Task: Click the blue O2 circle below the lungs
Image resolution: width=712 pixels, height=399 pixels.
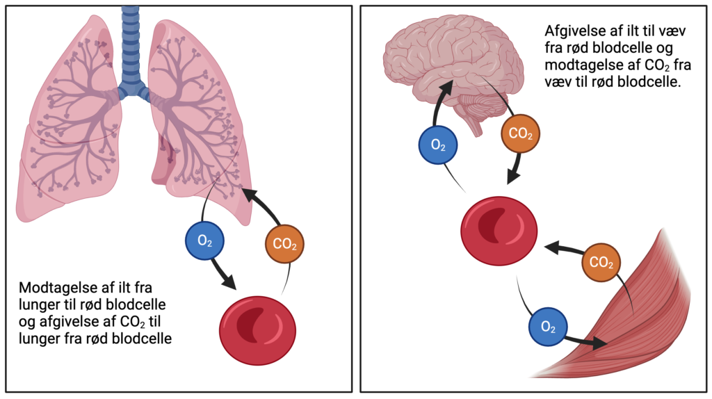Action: tap(204, 241)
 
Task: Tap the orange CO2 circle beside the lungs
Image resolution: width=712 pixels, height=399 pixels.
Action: tap(284, 244)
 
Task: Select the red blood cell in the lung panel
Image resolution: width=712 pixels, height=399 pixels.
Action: tap(257, 330)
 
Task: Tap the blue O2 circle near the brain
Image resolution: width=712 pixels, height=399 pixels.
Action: tap(438, 145)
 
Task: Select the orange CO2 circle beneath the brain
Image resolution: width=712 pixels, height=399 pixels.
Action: tap(521, 133)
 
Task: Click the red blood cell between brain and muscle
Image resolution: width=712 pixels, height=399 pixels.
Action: tap(499, 231)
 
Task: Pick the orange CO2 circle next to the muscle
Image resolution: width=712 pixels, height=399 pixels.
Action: tap(601, 262)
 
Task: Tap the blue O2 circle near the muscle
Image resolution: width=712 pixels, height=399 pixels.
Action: tap(548, 327)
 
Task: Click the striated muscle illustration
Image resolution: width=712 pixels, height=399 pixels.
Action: tap(626, 320)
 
